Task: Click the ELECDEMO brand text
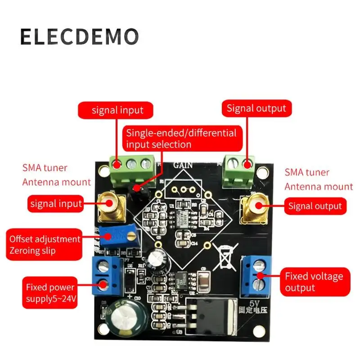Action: (79, 36)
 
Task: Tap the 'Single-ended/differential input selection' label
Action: (181, 139)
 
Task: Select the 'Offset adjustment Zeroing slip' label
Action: (44, 245)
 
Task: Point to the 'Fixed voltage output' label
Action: (314, 282)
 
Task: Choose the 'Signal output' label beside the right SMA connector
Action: (315, 207)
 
